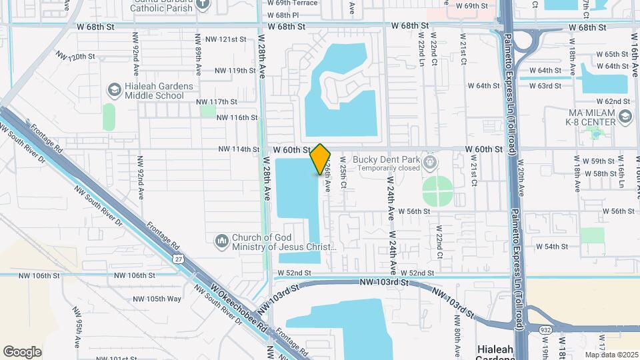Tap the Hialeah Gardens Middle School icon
(x=114, y=89)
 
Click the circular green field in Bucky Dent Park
(x=437, y=191)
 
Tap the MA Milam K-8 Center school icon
(x=625, y=117)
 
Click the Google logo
(x=22, y=352)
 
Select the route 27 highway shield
(x=177, y=259)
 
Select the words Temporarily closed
(x=390, y=169)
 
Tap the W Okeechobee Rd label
(x=239, y=311)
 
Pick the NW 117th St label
(x=217, y=102)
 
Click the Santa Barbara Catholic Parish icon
(x=205, y=3)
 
